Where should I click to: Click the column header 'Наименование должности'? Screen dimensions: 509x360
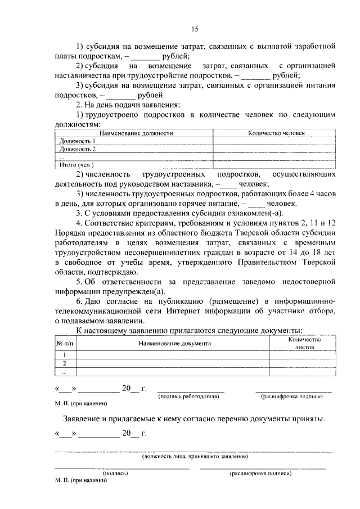[x=133, y=133]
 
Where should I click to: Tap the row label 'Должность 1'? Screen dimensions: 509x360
[x=77, y=141]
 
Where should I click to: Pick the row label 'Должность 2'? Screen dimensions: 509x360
[x=77, y=149]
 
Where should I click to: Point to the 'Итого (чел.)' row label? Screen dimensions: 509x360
[x=76, y=165]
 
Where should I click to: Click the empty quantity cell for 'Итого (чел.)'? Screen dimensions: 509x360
[x=276, y=165]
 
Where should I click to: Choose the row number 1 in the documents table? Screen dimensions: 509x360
[x=65, y=355]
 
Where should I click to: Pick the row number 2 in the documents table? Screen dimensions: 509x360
[x=65, y=363]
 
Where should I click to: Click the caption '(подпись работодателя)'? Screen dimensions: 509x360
[x=189, y=397]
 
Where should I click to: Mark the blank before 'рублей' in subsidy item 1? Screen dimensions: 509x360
[x=146, y=57]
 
